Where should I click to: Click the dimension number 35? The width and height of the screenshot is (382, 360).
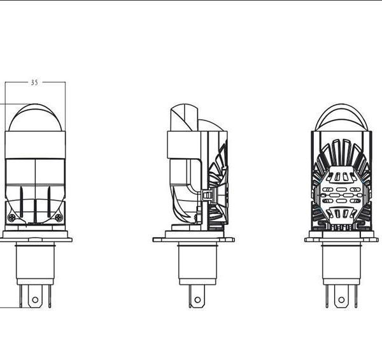tap(34, 83)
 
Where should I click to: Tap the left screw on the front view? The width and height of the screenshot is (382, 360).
tap(11, 217)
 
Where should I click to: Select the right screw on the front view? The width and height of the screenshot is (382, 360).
tap(59, 217)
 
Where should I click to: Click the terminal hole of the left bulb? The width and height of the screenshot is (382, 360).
tap(35, 299)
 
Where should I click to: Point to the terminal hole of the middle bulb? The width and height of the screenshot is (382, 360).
tap(197, 300)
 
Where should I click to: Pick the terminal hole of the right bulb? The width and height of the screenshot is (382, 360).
tap(341, 300)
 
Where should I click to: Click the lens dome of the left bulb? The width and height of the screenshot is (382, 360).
tap(35, 117)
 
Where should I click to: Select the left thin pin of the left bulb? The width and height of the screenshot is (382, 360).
tap(21, 296)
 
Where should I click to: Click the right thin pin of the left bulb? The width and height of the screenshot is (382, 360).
tap(50, 296)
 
